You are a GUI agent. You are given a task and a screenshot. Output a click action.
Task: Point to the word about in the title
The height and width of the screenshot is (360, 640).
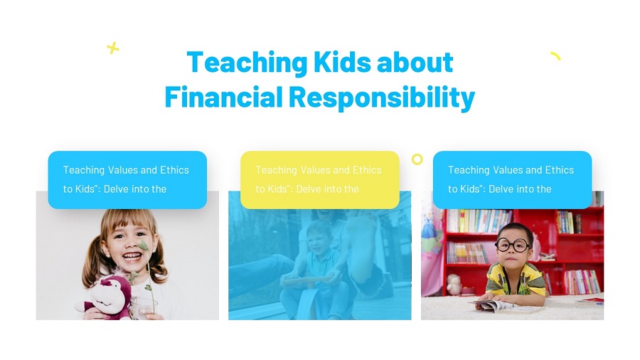415,63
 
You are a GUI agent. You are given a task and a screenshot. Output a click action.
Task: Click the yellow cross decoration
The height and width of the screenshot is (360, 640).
112,48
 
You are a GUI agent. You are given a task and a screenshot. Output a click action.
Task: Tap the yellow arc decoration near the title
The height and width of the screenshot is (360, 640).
555,56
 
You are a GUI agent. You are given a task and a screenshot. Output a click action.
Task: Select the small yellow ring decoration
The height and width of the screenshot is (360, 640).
417,159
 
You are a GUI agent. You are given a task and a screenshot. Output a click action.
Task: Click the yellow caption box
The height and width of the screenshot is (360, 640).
319,179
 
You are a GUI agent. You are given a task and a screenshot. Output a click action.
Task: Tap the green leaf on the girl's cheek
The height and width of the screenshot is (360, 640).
143,245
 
